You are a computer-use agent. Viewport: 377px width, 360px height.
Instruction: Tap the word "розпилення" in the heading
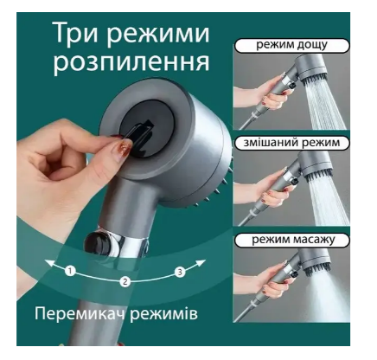pyautogui.click(x=131, y=62)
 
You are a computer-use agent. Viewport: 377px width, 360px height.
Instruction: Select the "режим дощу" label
pyautogui.click(x=291, y=46)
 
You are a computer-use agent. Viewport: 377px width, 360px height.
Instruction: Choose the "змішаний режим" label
pyautogui.click(x=291, y=143)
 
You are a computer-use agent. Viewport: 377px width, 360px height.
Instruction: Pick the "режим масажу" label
pyautogui.click(x=291, y=240)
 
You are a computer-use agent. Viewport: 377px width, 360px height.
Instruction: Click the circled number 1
pyautogui.click(x=70, y=271)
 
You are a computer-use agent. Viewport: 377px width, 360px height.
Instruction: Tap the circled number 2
pyautogui.click(x=125, y=281)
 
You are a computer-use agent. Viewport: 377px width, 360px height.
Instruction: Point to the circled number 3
pyautogui.click(x=180, y=272)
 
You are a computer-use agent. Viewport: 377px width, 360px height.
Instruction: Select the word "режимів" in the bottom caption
pyautogui.click(x=163, y=314)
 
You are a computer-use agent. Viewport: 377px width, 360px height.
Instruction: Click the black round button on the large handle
pyautogui.click(x=98, y=243)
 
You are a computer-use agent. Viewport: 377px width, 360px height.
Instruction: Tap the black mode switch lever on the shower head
pyautogui.click(x=140, y=136)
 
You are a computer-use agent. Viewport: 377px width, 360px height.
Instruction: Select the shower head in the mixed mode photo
pyautogui.click(x=314, y=167)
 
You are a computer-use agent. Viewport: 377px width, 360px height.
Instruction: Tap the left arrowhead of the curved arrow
pyautogui.click(x=49, y=263)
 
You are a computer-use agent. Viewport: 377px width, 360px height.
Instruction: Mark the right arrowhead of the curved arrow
pyautogui.click(x=201, y=263)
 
